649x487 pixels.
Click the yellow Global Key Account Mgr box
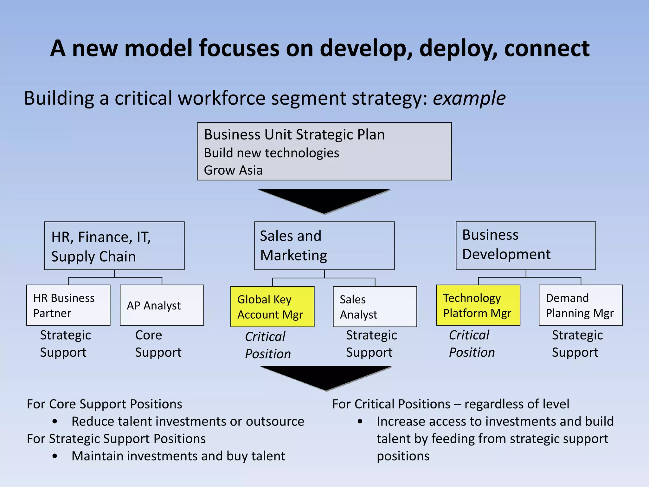(x=272, y=307)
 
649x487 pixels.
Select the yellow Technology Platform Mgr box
(x=478, y=305)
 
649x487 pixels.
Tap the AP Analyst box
(x=162, y=305)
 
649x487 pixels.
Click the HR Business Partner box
(x=68, y=305)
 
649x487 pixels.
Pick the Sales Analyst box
(x=375, y=307)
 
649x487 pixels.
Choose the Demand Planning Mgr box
(x=581, y=305)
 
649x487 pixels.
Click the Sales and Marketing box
(x=324, y=246)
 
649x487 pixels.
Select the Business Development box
(x=526, y=246)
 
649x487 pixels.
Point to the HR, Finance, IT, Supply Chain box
(x=114, y=246)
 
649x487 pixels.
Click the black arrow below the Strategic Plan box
(x=324, y=200)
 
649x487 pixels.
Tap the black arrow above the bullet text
(x=326, y=377)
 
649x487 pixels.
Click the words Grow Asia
(x=233, y=170)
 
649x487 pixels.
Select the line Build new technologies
(x=271, y=153)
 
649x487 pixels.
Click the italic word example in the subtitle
(x=469, y=98)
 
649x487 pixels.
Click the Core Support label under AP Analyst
(x=158, y=344)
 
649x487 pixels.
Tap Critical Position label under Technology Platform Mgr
(x=472, y=344)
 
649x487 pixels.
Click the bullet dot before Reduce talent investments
(x=55, y=422)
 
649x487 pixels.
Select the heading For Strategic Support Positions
(x=116, y=439)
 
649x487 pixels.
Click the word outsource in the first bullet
(x=275, y=421)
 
